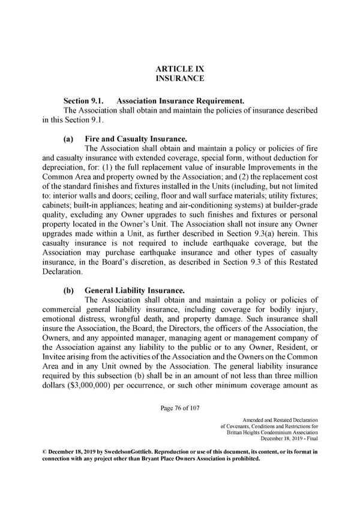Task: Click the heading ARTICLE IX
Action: coord(179,68)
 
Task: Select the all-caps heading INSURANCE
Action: coord(179,78)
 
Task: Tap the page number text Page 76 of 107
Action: coord(180,409)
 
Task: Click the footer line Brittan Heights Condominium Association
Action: coord(272,433)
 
